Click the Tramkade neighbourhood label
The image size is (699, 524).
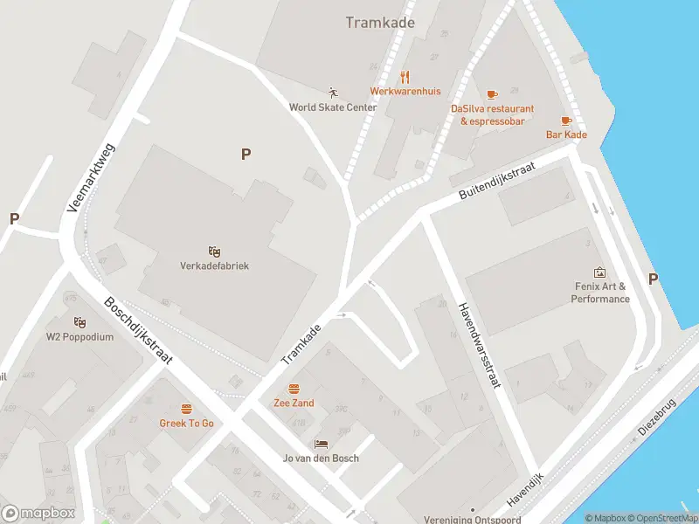coord(380,23)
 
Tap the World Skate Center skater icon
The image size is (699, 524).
coord(332,92)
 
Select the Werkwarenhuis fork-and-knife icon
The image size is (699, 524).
coord(405,77)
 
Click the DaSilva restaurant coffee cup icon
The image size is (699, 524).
coord(492,93)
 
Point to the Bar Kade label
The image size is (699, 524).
coord(566,134)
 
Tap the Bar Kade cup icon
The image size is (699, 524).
coord(566,121)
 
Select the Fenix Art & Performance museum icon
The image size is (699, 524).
coord(599,272)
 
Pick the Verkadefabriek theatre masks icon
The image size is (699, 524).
coord(214,252)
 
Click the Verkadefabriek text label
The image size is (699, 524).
coord(214,265)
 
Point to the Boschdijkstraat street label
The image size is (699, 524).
coord(138,330)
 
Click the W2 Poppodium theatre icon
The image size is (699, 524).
coord(80,322)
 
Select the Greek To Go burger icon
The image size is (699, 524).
coord(186,409)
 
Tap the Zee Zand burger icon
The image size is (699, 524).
coord(294,389)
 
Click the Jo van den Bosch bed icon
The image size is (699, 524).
coord(321,445)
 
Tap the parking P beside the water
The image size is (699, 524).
coord(652,279)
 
